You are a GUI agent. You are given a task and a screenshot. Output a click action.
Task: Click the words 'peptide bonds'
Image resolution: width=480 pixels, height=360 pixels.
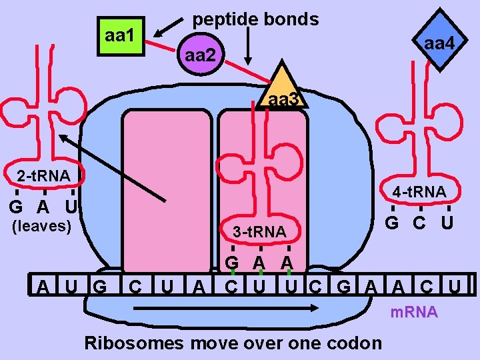[x=255, y=19]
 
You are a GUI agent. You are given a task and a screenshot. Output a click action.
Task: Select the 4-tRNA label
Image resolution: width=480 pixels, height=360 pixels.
[x=419, y=192]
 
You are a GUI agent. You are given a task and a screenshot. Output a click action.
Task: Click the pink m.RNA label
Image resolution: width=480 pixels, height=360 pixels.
[x=414, y=312]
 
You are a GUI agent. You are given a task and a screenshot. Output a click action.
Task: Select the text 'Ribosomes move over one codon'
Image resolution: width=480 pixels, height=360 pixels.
[x=233, y=343]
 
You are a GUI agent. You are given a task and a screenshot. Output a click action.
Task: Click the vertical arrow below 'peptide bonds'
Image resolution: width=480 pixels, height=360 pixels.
[x=249, y=46]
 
